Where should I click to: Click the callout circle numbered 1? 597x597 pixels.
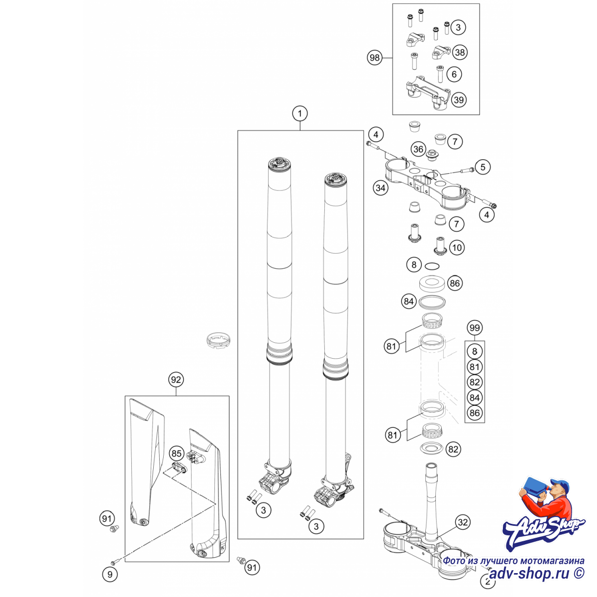(299, 114)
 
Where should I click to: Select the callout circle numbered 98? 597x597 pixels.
(375, 58)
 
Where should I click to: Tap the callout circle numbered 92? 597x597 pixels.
(176, 380)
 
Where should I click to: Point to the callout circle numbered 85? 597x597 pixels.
(177, 454)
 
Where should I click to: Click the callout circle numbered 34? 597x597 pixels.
(381, 188)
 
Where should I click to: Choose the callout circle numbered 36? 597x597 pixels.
(418, 149)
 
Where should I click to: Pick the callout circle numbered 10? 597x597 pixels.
(457, 248)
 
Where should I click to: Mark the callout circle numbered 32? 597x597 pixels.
(463, 522)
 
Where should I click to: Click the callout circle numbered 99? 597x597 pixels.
(475, 328)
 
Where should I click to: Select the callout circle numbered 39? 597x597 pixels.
(459, 100)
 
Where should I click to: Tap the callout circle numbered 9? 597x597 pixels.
(110, 575)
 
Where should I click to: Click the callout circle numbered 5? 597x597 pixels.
(483, 167)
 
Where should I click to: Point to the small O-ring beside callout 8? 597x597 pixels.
(432, 266)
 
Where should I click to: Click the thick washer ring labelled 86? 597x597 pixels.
(432, 284)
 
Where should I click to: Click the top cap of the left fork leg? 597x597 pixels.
(280, 164)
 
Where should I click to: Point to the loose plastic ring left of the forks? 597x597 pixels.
(218, 340)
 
